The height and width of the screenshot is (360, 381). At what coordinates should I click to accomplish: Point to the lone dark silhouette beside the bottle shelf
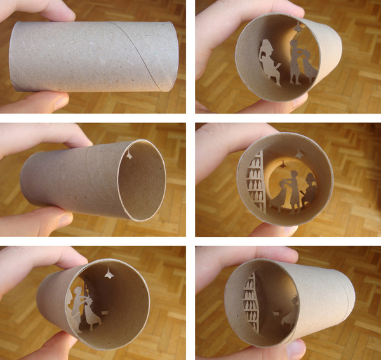[292, 311]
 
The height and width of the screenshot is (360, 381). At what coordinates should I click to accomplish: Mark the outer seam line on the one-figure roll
[330, 298]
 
